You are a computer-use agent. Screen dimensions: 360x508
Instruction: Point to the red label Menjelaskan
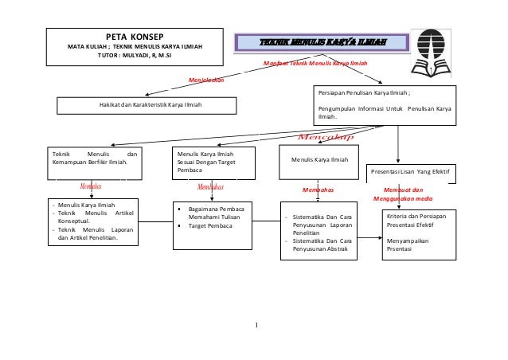coord(206,80)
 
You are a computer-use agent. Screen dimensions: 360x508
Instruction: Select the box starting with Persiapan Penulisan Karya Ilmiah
coord(385,106)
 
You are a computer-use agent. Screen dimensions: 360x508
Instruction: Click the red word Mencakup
coord(324,137)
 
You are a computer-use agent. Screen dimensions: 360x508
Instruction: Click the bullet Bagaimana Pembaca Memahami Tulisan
coord(215,212)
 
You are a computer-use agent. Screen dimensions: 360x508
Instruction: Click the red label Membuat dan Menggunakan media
coord(401,194)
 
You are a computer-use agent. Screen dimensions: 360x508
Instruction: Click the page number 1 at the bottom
coord(257,326)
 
